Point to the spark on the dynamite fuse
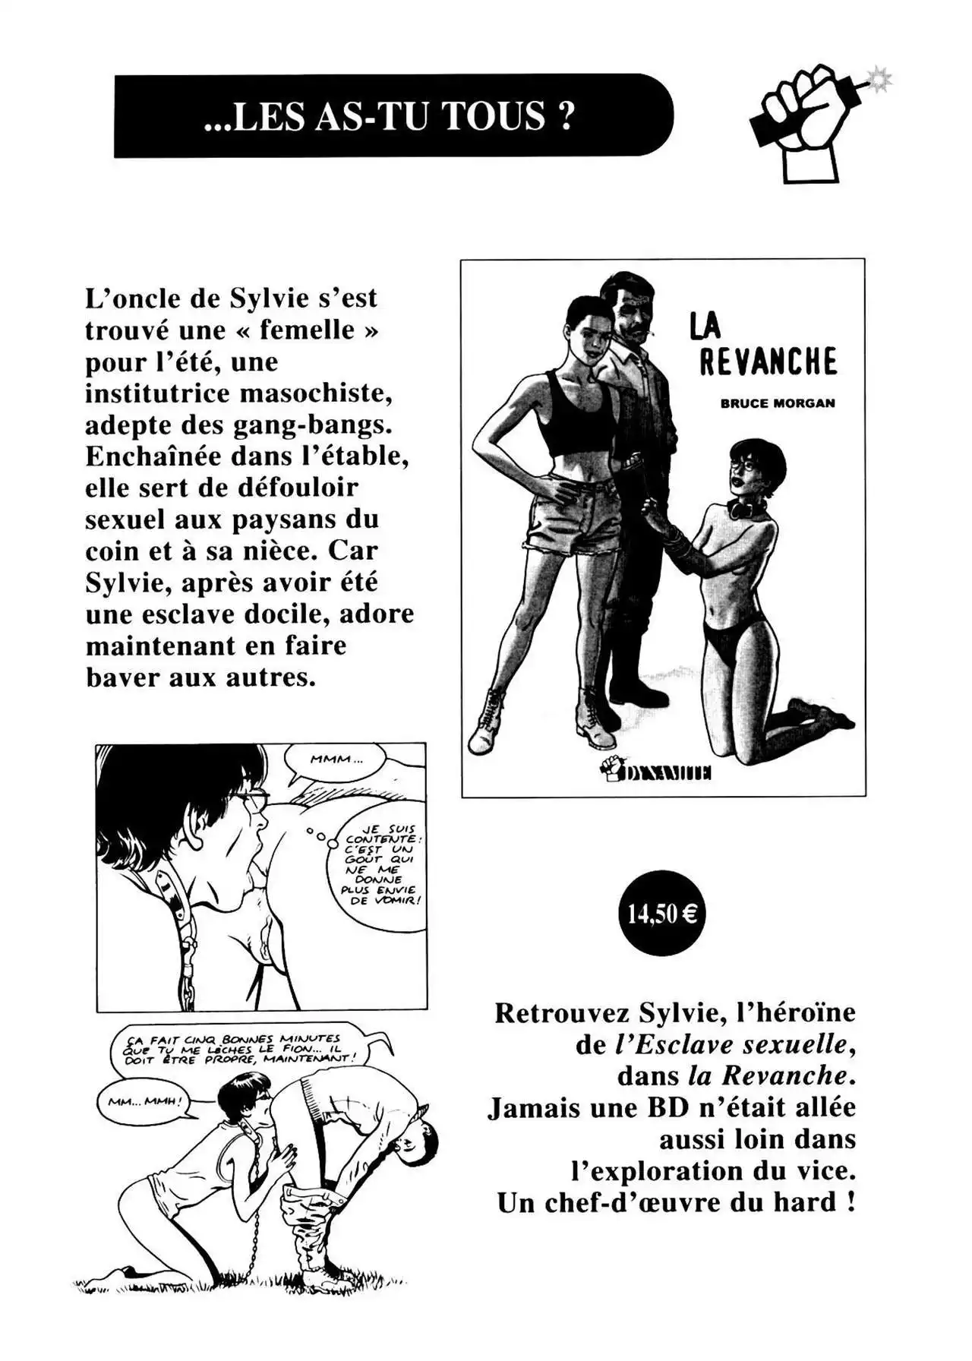click(881, 78)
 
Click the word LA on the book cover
click(705, 326)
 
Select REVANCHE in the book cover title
click(767, 362)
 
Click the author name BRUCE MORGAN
click(777, 403)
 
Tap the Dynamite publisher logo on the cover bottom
click(655, 771)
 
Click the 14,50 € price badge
click(661, 913)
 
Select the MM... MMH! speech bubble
click(144, 1100)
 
